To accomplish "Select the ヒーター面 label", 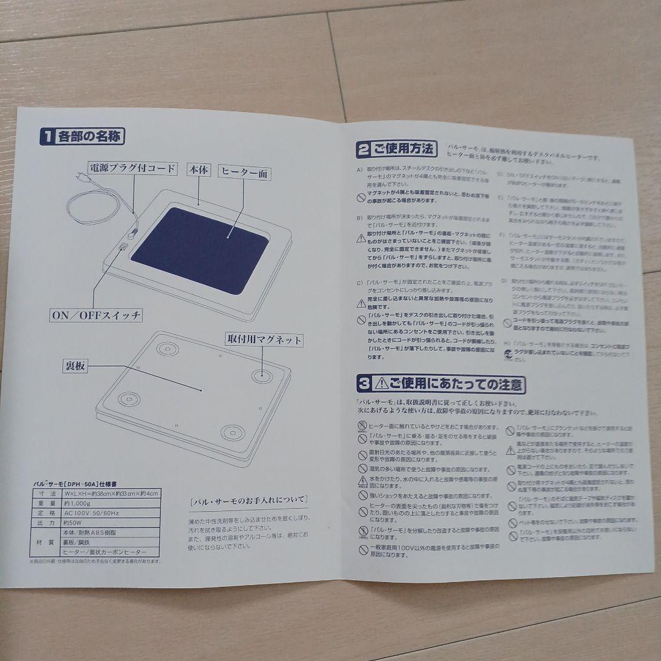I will pyautogui.click(x=244, y=174).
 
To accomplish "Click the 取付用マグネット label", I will pyautogui.click(x=265, y=339).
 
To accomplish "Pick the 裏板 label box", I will pyautogui.click(x=76, y=366).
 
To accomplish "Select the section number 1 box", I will pyautogui.click(x=47, y=136).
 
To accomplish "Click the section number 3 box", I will pyautogui.click(x=364, y=384).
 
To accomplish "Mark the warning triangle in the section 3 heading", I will pyautogui.click(x=382, y=384).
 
